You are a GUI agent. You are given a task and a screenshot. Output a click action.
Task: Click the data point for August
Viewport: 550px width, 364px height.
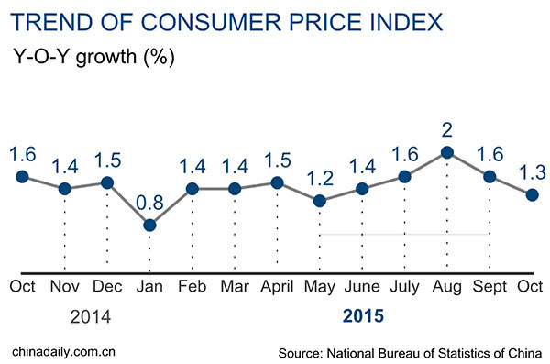pyautogui.click(x=446, y=153)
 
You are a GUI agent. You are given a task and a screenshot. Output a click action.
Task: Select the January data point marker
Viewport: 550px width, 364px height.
pyautogui.click(x=150, y=225)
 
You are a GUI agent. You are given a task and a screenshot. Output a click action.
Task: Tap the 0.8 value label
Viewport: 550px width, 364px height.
pyautogui.click(x=149, y=200)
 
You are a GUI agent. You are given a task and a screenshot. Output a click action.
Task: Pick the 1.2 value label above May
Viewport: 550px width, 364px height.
pyautogui.click(x=319, y=175)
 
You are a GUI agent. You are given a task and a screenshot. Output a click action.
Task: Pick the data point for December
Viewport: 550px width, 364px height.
pyautogui.click(x=107, y=182)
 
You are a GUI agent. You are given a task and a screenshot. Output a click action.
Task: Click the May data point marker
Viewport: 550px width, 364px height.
pyautogui.click(x=319, y=201)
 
